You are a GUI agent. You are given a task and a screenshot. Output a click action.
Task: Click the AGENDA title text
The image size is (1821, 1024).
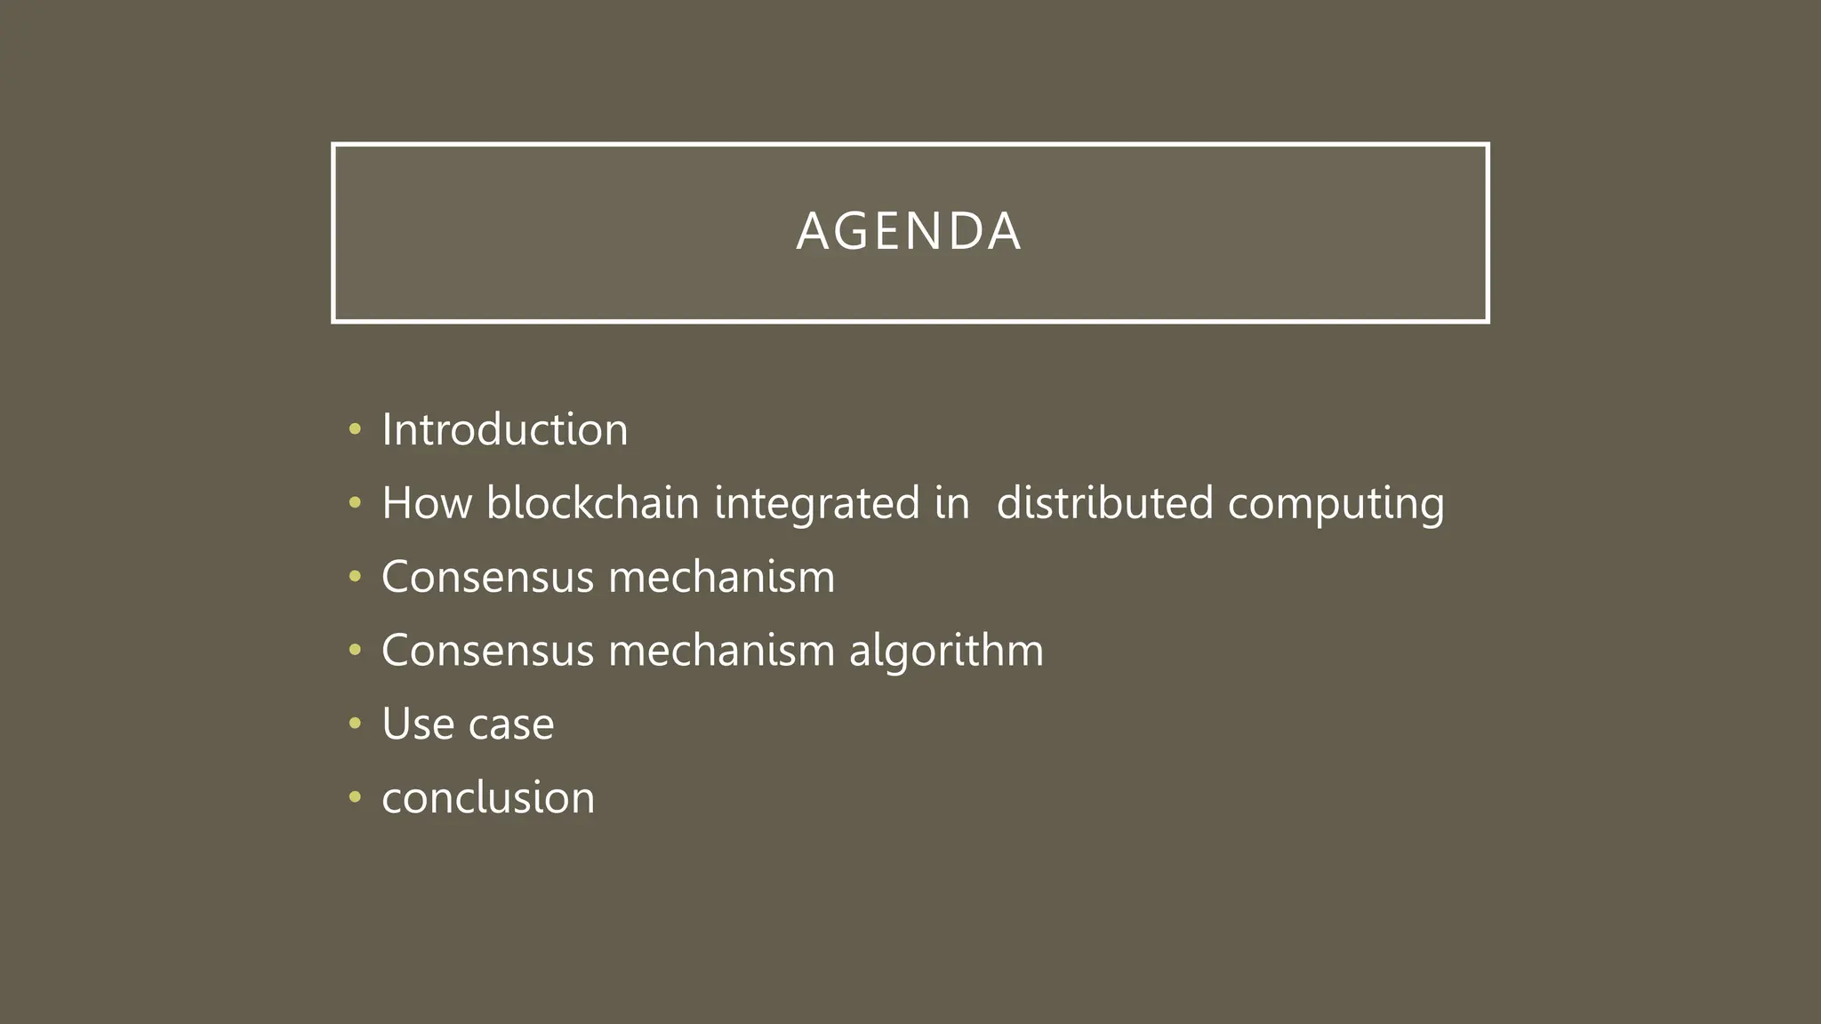coord(909,232)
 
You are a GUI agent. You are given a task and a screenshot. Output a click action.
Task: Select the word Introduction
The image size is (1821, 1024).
coord(504,430)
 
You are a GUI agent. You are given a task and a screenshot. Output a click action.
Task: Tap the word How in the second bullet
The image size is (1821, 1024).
coord(427,503)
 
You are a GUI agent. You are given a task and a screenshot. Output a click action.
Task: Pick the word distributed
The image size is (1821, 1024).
coord(1104,503)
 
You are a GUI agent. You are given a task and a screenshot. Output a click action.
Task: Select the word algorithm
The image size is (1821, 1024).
coord(946,652)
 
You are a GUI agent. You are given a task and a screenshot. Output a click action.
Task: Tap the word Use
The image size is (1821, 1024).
coord(418,724)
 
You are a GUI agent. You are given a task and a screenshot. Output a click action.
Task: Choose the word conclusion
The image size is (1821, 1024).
coord(488,798)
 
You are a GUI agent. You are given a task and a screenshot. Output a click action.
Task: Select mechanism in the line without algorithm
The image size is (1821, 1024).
coord(721,577)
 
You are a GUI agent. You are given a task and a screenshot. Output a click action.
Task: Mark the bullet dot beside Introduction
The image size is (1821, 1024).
coord(355,430)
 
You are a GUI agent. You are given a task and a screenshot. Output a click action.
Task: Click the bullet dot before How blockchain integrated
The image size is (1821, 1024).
coord(355,504)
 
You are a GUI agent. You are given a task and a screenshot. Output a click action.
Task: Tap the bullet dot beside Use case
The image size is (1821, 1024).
coord(355,724)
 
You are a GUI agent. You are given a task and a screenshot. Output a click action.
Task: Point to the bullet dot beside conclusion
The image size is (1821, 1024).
coord(355,798)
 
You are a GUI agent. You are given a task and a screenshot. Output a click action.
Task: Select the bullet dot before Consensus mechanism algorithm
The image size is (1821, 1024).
coord(355,651)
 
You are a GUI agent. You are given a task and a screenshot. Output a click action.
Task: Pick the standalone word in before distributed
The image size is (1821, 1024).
coord(951,503)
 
